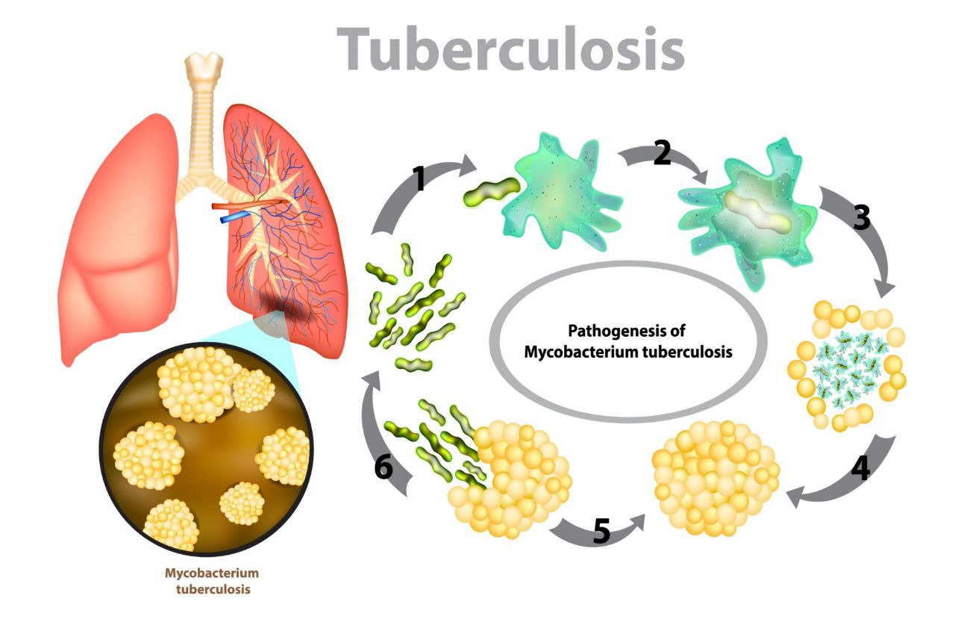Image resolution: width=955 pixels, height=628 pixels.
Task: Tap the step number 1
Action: [420, 179]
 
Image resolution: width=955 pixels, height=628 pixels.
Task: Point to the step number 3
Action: [861, 217]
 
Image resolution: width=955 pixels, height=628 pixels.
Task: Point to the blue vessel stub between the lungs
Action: [235, 217]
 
